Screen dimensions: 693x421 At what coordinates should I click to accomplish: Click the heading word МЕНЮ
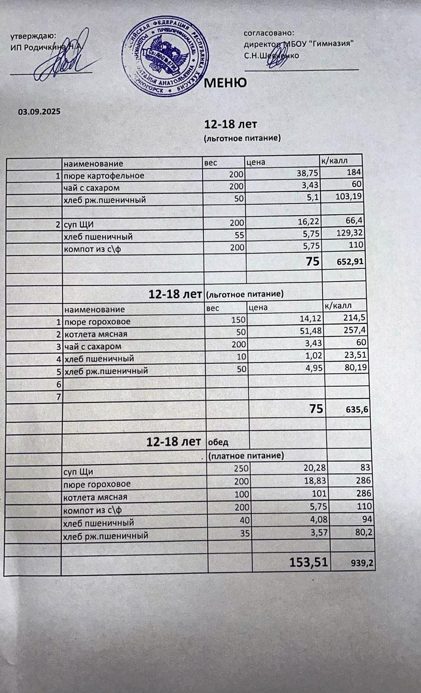(x=226, y=83)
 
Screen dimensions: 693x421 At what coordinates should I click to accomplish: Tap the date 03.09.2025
(x=39, y=112)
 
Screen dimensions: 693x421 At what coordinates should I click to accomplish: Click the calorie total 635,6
(x=356, y=410)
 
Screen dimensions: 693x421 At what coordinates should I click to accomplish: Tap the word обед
(x=218, y=442)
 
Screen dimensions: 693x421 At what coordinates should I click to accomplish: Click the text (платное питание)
(x=246, y=455)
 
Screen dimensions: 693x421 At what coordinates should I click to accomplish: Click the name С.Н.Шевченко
(x=271, y=56)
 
